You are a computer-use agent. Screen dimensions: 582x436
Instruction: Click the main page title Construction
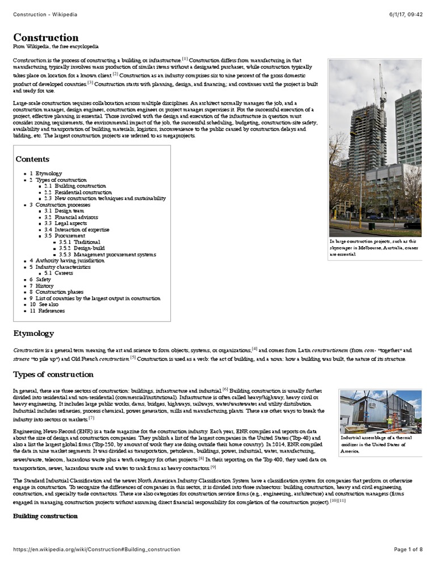pos(45,38)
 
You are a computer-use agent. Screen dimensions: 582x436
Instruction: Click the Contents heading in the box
pos(32,159)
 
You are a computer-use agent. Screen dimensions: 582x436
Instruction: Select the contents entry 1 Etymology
pos(46,173)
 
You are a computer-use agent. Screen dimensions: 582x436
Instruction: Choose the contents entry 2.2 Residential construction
pos(78,192)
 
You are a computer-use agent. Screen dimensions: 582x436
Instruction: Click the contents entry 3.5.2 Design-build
pos(82,248)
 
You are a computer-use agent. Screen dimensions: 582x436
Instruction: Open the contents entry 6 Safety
pos(40,280)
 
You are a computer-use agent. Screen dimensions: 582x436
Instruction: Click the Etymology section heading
pos(33,334)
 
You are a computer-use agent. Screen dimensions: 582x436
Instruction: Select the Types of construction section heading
pos(53,375)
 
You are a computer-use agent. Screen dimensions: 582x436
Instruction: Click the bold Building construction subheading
pos(45,516)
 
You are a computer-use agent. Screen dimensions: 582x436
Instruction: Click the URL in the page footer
pos(97,550)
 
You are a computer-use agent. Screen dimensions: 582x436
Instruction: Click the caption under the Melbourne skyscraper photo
pos(375,248)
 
